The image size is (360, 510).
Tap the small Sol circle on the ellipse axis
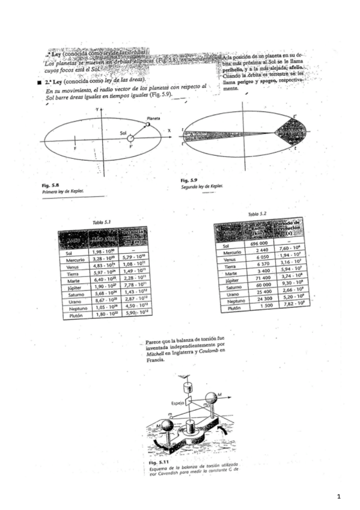coord(130,138)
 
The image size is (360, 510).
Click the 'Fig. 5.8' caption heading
coord(50,185)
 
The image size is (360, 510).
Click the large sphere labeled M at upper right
coord(212,398)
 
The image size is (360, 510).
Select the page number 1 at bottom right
coord(339,496)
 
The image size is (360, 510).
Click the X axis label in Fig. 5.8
coord(169,130)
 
